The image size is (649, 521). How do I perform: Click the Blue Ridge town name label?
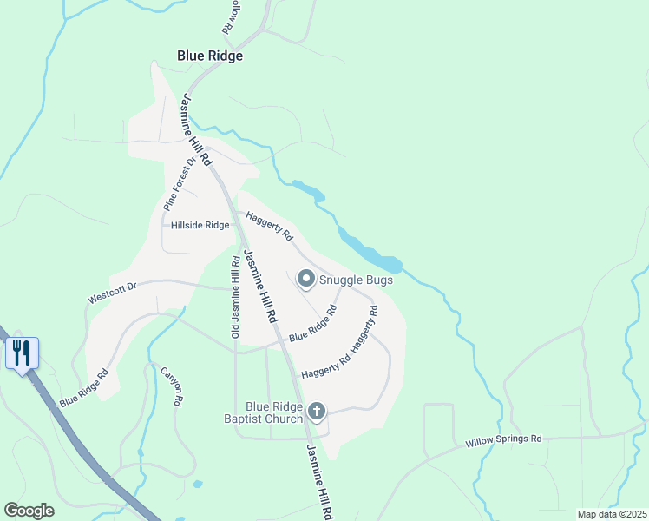tap(210, 56)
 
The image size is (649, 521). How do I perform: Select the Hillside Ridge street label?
tap(200, 225)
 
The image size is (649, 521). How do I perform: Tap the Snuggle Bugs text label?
tap(356, 280)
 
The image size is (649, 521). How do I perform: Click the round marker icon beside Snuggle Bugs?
tap(305, 279)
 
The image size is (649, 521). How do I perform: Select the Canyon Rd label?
tap(171, 387)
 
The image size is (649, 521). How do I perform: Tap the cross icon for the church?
tap(317, 411)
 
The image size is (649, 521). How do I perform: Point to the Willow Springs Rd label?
tap(503, 440)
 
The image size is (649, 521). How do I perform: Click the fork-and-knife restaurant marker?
tap(23, 353)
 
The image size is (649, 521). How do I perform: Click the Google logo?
tap(29, 511)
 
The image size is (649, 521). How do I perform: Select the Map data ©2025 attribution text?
tap(612, 514)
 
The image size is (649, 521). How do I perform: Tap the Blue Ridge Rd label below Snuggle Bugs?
tap(312, 323)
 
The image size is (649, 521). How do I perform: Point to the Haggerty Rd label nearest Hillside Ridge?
tap(269, 226)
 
